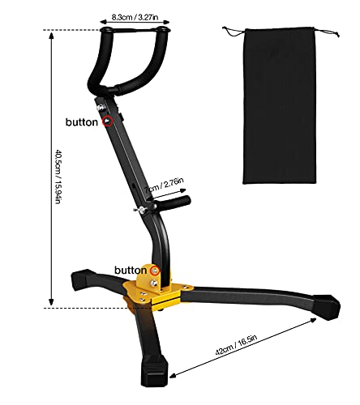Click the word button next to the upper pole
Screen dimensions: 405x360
pyautogui.click(x=84, y=122)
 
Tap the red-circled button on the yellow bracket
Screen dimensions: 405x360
pyautogui.click(x=154, y=271)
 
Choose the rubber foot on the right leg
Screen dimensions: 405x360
pyautogui.click(x=328, y=306)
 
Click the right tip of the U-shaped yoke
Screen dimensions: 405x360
pyautogui.click(x=166, y=32)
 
